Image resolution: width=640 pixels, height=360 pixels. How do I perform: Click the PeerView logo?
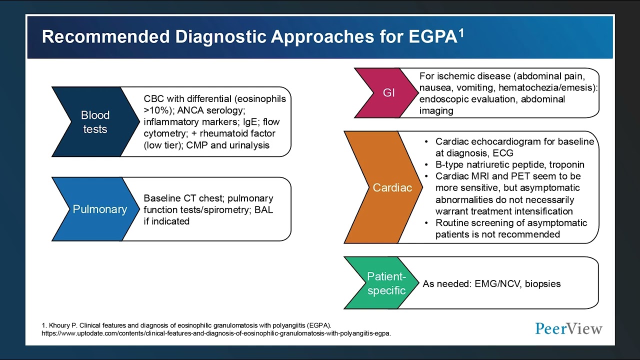[568, 328]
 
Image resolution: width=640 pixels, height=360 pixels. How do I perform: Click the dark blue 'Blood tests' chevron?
[95, 122]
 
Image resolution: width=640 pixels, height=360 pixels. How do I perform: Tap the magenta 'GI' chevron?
[388, 93]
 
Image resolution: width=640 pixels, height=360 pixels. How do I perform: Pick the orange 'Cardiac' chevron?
[391, 187]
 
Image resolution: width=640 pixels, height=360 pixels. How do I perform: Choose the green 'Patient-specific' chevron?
[385, 283]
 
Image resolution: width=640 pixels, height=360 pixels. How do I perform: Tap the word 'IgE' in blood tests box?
[250, 122]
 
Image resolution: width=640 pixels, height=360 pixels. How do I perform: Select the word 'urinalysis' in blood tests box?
[246, 145]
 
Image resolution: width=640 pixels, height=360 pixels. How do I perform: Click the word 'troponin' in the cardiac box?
[565, 164]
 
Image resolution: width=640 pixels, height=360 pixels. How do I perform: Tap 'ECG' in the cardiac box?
[502, 153]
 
